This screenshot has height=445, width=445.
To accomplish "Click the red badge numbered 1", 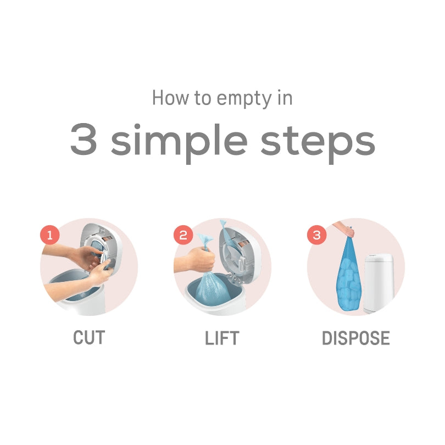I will [49, 236].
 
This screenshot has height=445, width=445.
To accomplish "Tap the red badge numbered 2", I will [183, 236].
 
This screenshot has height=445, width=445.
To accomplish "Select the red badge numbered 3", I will [316, 236].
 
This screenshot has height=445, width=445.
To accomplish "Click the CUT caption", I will [89, 338].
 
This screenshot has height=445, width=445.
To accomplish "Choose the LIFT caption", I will [222, 338].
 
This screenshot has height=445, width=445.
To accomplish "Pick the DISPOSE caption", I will [356, 338].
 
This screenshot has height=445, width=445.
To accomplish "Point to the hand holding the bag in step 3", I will [343, 227].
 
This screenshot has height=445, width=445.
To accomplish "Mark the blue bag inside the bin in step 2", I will [212, 291].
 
